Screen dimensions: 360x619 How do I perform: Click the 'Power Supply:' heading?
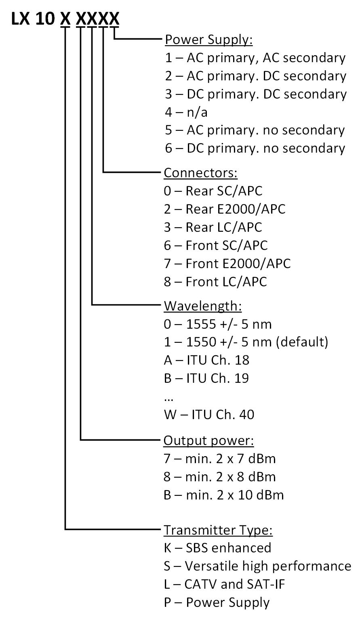pyautogui.click(x=209, y=40)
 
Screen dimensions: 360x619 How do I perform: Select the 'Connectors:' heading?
pyautogui.click(x=200, y=173)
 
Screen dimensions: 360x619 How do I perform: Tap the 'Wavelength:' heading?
pyautogui.click(x=203, y=306)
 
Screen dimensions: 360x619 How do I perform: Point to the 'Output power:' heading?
pyautogui.click(x=208, y=441)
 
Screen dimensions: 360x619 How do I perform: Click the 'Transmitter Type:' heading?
pyautogui.click(x=218, y=530)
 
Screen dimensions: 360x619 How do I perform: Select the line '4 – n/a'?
pyautogui.click(x=186, y=112)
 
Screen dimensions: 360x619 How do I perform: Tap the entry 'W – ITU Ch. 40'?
pyautogui.click(x=209, y=415)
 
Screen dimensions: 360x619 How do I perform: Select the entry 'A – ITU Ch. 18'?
pyautogui.click(x=206, y=360)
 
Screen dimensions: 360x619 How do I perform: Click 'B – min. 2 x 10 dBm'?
pyautogui.click(x=224, y=495)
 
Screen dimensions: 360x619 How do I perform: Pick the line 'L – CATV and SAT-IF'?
pyautogui.click(x=224, y=584)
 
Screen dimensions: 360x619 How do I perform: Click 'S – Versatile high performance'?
pyautogui.click(x=257, y=566)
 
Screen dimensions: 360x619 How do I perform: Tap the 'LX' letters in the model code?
pyautogui.click(x=20, y=19)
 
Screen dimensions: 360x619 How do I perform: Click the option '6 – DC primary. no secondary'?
pyautogui.click(x=255, y=149)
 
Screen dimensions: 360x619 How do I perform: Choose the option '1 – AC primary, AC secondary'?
pyautogui.click(x=255, y=58)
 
